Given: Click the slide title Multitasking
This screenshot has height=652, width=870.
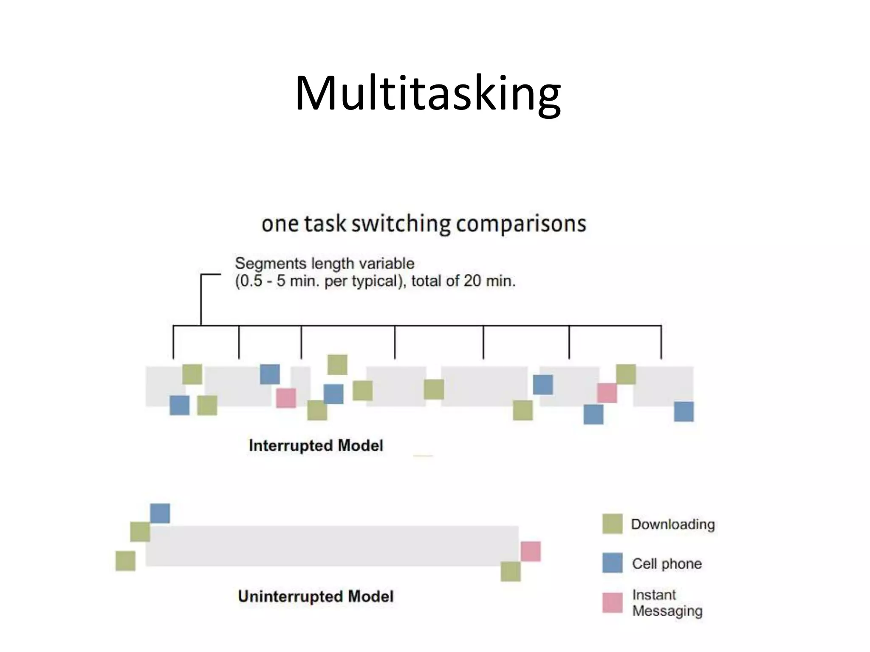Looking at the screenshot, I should (x=428, y=93).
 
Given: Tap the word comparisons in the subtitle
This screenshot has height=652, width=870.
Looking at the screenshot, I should (x=521, y=224).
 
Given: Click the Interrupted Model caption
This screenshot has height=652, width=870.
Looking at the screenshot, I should (x=316, y=446).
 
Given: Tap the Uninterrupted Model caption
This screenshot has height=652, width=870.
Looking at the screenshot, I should (x=316, y=596).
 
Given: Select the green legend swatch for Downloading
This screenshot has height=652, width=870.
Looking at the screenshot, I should (x=612, y=524).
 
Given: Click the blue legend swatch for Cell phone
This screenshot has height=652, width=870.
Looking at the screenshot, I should (x=612, y=563).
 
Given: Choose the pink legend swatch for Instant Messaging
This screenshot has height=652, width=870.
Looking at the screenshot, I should (x=612, y=603).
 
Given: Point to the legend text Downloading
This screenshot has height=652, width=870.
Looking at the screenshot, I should (x=673, y=524).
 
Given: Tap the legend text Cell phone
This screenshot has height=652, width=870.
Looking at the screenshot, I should (x=667, y=564).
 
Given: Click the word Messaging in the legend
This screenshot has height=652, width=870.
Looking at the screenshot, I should (x=667, y=611).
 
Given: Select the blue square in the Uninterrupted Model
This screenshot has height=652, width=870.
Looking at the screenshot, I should (x=160, y=514).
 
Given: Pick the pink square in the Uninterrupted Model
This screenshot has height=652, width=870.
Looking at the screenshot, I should (x=531, y=551).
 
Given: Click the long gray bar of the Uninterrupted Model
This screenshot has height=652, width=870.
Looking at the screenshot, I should (x=331, y=546).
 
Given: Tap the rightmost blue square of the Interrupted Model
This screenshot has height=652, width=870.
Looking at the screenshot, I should (x=684, y=411).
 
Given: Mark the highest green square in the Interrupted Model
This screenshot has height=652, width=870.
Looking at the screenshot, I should (x=337, y=365).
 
